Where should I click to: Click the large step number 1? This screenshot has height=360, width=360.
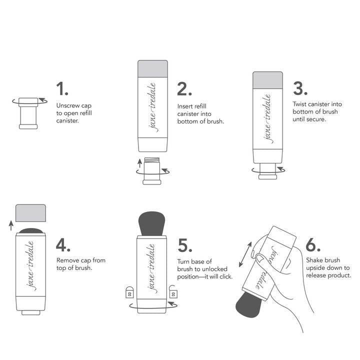click(62, 89)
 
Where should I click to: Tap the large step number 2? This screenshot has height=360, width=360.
click(184, 89)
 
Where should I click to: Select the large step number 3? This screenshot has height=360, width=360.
click(300, 88)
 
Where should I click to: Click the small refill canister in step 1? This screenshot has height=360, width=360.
click(28, 112)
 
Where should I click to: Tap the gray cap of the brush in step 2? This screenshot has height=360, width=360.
click(152, 68)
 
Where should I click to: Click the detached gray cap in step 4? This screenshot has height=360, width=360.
click(31, 213)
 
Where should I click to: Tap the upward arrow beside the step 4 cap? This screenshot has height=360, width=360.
click(11, 226)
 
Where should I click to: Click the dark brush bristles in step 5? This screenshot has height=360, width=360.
click(152, 223)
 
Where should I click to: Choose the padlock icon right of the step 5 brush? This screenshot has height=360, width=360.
click(174, 291)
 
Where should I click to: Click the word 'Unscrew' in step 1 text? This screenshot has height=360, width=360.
click(67, 106)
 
